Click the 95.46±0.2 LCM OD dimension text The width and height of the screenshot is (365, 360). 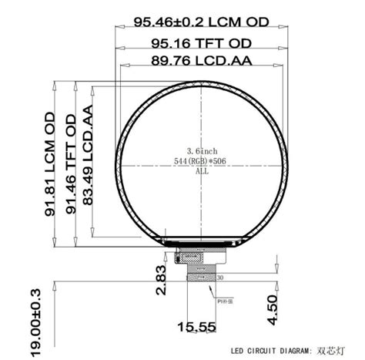pos(201,23)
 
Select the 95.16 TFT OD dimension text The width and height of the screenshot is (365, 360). pos(201,43)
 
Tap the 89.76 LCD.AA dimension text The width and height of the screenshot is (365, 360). pos(201,61)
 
